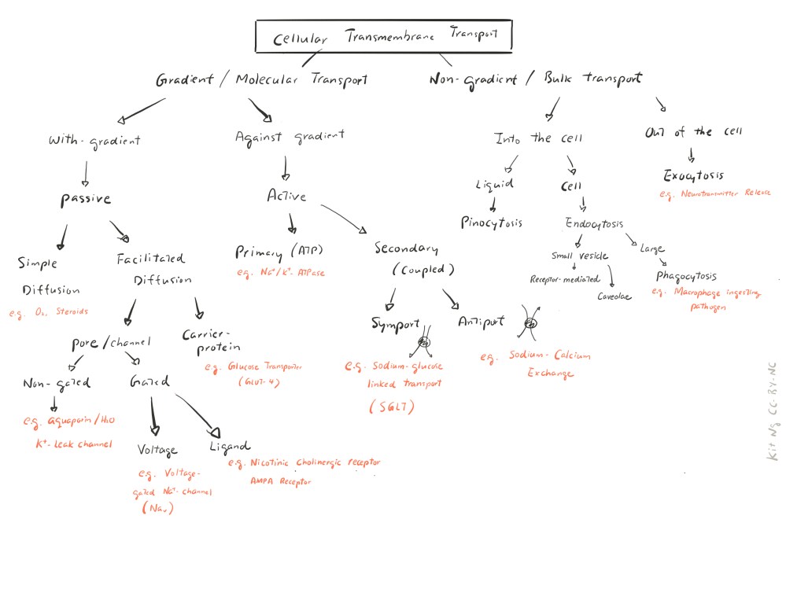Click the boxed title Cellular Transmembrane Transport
tap(383, 36)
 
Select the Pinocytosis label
tap(492, 223)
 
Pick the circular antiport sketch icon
tap(529, 323)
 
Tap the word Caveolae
tap(614, 297)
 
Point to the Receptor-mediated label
tap(565, 278)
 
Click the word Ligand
tap(230, 447)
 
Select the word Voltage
tap(157, 451)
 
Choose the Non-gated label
tap(57, 383)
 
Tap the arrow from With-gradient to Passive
tap(85, 171)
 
